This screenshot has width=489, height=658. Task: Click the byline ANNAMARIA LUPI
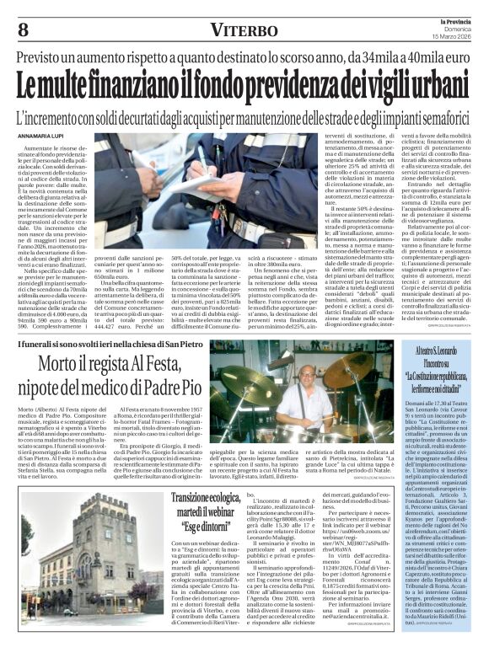(x=41, y=136)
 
